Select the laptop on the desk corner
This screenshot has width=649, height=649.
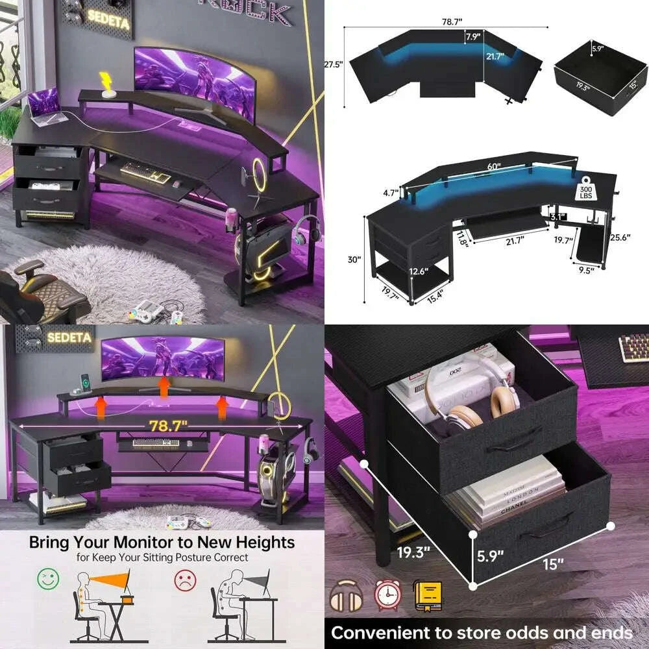44,106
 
